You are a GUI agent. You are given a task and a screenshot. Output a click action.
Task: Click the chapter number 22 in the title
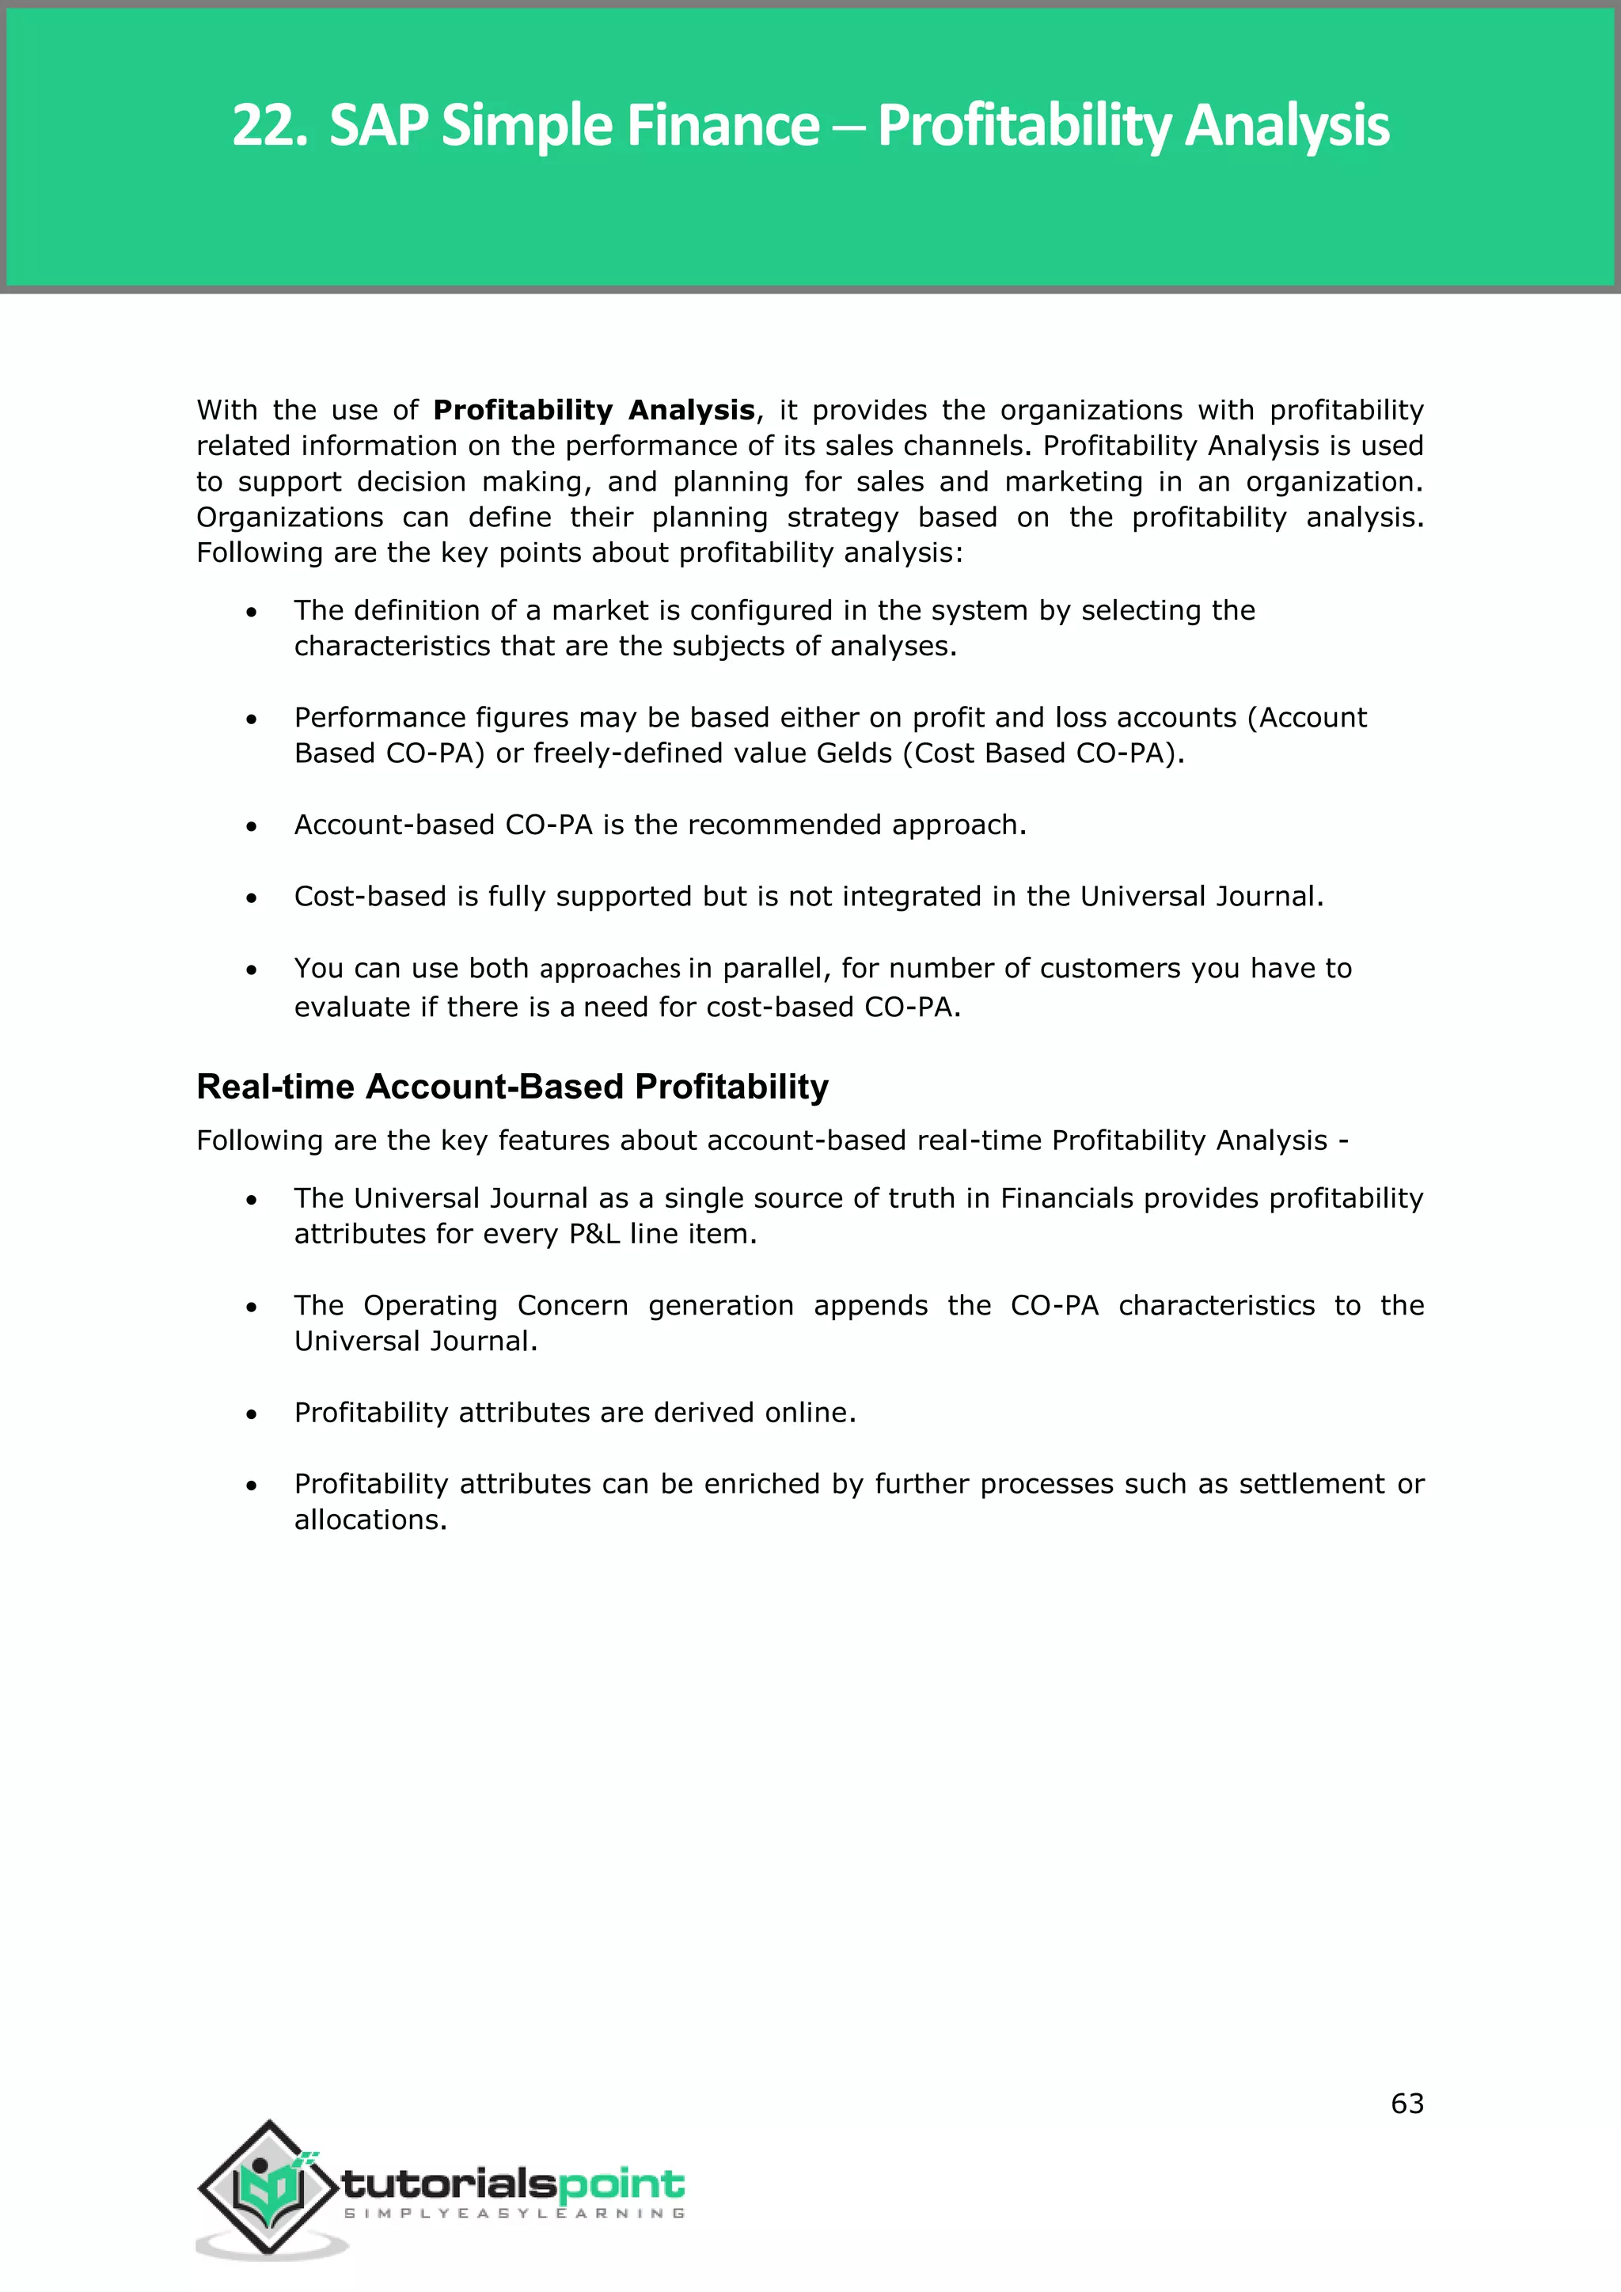point(264,127)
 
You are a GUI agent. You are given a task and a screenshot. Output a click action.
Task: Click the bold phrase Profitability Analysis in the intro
point(593,410)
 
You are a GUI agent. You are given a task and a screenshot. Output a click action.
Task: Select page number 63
point(1407,2104)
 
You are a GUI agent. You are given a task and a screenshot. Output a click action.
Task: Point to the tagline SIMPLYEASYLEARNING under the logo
point(514,2213)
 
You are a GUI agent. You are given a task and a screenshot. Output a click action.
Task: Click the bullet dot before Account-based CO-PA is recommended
point(252,826)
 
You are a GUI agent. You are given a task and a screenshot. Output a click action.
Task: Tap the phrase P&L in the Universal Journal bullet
point(595,1235)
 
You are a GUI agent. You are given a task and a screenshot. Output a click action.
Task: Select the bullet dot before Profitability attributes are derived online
point(252,1414)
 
